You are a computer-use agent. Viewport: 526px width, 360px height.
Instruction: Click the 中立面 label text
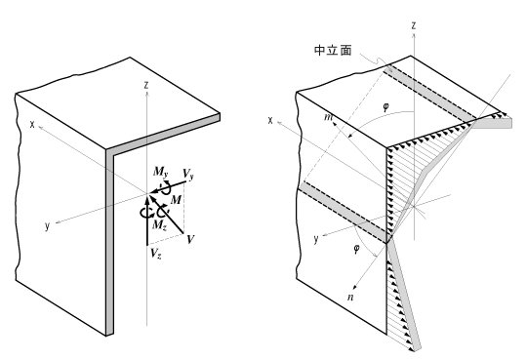pyautogui.click(x=333, y=51)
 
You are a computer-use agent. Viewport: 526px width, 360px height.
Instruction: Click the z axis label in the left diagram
pyautogui.click(x=146, y=85)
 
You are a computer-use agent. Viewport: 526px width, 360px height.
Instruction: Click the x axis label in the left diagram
pyautogui.click(x=32, y=125)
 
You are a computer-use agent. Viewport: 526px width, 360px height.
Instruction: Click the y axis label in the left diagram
pyautogui.click(x=47, y=226)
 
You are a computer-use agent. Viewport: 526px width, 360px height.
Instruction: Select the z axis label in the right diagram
pyautogui.click(x=414, y=25)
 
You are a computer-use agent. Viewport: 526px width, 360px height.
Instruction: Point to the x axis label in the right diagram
pyautogui.click(x=270, y=120)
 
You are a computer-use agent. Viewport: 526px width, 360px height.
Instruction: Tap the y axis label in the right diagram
pyautogui.click(x=316, y=240)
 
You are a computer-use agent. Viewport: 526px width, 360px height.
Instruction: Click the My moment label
pyautogui.click(x=160, y=173)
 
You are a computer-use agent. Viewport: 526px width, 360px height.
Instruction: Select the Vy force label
pyautogui.click(x=188, y=175)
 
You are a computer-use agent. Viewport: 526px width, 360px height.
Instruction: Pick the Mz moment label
pyautogui.click(x=159, y=224)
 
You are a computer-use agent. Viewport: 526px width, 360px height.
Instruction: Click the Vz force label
pyautogui.click(x=156, y=254)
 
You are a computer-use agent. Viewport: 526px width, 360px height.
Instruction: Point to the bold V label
pyautogui.click(x=190, y=239)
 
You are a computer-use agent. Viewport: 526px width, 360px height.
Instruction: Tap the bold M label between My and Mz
pyautogui.click(x=176, y=200)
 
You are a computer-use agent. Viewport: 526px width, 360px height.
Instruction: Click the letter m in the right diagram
pyautogui.click(x=328, y=117)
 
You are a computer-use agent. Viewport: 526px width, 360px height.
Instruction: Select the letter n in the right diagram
pyautogui.click(x=351, y=297)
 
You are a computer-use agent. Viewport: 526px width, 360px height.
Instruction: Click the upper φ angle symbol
pyautogui.click(x=386, y=107)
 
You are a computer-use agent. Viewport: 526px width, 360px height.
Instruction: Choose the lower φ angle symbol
pyautogui.click(x=356, y=249)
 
